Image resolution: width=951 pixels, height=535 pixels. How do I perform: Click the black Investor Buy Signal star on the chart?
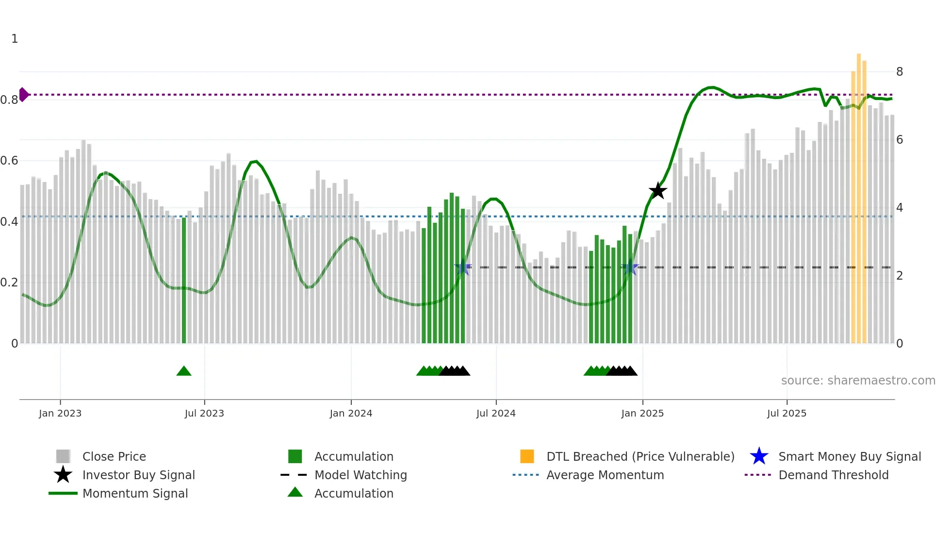click(x=658, y=191)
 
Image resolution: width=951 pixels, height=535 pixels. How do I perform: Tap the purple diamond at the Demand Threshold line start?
click(x=23, y=95)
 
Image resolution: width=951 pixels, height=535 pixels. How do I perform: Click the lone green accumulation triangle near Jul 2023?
click(x=184, y=371)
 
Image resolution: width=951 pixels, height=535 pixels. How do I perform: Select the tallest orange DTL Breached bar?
click(x=858, y=194)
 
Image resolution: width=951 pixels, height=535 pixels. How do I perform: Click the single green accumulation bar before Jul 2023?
click(x=184, y=282)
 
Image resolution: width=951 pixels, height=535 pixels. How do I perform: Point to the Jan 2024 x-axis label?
click(x=351, y=413)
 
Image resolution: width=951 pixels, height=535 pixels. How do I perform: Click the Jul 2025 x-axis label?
click(x=787, y=413)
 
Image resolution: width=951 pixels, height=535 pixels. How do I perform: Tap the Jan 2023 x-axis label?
click(x=60, y=413)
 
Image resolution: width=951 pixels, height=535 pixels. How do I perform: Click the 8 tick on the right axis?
click(x=900, y=72)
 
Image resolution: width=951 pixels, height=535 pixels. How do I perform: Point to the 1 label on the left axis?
click(x=15, y=39)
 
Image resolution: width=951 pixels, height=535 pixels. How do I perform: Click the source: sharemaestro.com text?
click(x=858, y=381)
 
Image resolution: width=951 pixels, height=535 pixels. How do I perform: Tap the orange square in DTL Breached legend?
click(x=527, y=456)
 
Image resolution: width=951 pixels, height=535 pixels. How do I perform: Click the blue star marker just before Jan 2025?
click(x=630, y=267)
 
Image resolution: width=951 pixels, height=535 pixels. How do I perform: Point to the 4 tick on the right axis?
click(x=900, y=208)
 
